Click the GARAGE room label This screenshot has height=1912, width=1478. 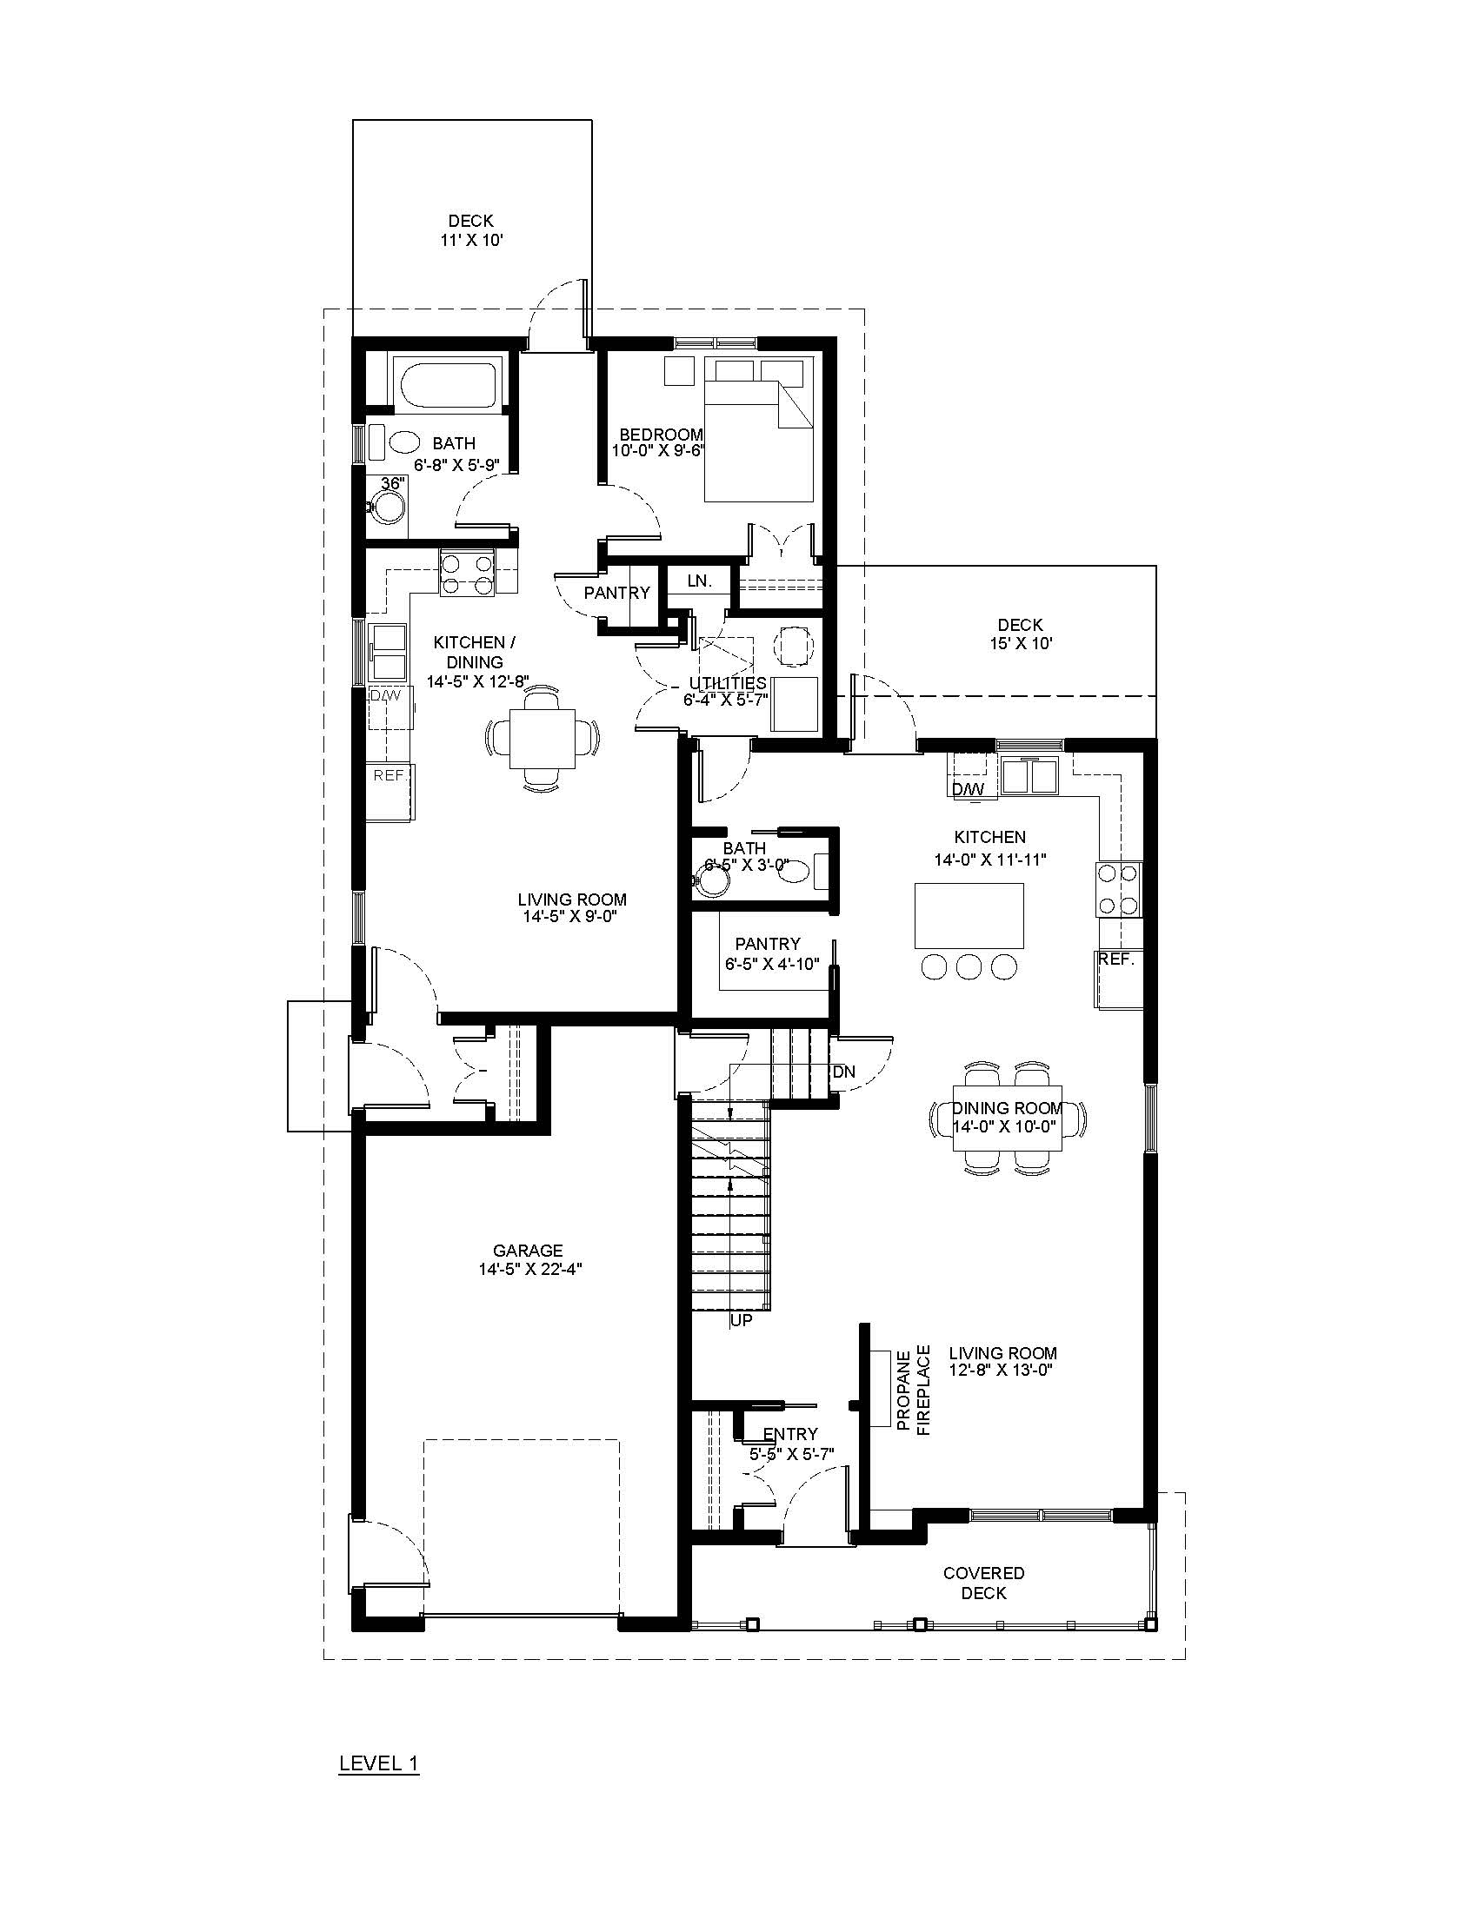(527, 1251)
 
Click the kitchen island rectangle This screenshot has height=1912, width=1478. (969, 916)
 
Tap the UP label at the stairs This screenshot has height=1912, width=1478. (741, 1344)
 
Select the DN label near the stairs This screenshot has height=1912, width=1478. (844, 1072)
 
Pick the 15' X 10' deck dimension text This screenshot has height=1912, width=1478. (1020, 643)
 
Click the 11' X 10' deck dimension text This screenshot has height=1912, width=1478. (471, 240)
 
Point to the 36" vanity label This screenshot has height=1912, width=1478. (391, 482)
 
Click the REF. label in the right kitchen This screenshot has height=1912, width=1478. (1116, 959)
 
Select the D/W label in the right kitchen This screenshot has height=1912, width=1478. (968, 789)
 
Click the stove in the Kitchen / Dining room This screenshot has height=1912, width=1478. (467, 574)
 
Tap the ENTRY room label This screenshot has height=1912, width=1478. (789, 1434)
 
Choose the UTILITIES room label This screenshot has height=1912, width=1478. (728, 683)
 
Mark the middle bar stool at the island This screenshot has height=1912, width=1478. (969, 966)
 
